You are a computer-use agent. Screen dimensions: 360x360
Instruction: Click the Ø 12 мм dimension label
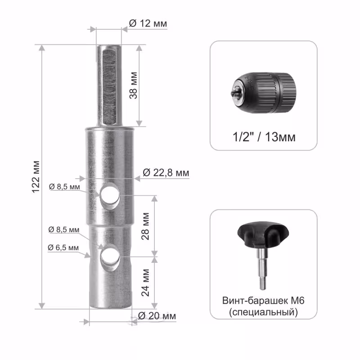click(148, 23)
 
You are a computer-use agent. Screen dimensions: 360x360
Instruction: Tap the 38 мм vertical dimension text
click(133, 85)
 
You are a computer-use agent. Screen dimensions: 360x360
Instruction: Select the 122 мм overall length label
click(36, 177)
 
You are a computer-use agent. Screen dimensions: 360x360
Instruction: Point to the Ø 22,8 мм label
click(166, 173)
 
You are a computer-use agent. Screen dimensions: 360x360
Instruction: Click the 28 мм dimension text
click(145, 226)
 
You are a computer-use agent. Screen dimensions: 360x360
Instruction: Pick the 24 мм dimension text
click(145, 283)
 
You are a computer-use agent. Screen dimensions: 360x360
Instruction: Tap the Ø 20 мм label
click(157, 316)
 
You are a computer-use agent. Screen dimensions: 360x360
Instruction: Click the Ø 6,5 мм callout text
click(63, 247)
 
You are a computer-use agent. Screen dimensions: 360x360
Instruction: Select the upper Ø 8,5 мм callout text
click(64, 187)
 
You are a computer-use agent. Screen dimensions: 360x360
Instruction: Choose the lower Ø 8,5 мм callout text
click(64, 229)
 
